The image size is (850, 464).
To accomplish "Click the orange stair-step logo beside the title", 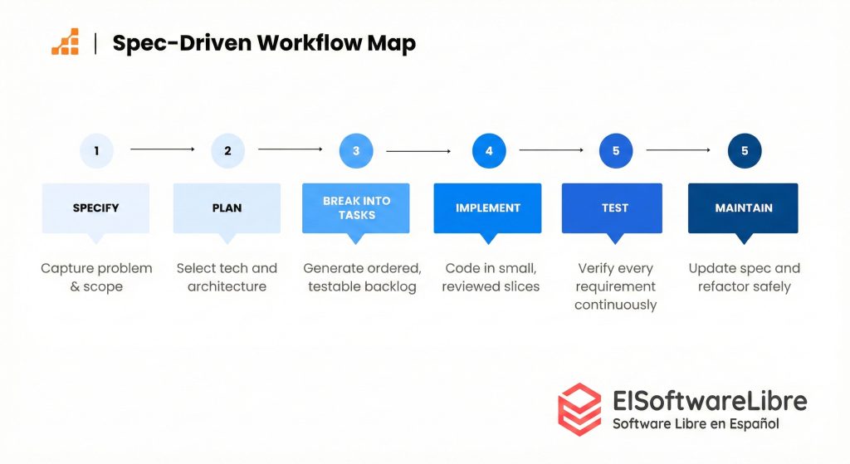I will pyautogui.click(x=66, y=42).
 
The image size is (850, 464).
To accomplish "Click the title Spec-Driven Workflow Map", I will pyautogui.click(x=264, y=43).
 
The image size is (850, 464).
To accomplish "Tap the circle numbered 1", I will pyautogui.click(x=97, y=150).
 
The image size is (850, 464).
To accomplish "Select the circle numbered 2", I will pyautogui.click(x=227, y=150).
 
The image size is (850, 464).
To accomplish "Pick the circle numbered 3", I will pyautogui.click(x=356, y=150).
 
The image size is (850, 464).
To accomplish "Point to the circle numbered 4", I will pyautogui.click(x=489, y=150).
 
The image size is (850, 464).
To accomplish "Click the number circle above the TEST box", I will pyautogui.click(x=616, y=150).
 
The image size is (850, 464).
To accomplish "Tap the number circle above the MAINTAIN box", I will pyautogui.click(x=745, y=150).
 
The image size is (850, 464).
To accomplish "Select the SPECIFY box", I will pyautogui.click(x=95, y=208).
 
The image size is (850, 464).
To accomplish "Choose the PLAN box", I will pyautogui.click(x=227, y=208).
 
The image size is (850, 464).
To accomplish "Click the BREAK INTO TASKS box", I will pyautogui.click(x=356, y=208).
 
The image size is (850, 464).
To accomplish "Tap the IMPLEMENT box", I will pyautogui.click(x=488, y=208).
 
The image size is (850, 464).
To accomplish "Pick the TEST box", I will pyautogui.click(x=615, y=208).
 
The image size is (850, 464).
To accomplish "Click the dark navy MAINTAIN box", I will pyautogui.click(x=744, y=208).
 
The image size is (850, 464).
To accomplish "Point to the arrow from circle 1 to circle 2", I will pyautogui.click(x=163, y=149).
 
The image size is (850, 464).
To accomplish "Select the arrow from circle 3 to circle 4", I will pyautogui.click(x=418, y=151).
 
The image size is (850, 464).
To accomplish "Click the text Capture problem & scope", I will pyautogui.click(x=96, y=277).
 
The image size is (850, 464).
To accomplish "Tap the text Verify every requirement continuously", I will pyautogui.click(x=615, y=286).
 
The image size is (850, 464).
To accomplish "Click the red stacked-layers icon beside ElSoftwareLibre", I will pyautogui.click(x=579, y=409).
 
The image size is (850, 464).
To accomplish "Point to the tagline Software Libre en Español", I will pyautogui.click(x=696, y=424).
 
